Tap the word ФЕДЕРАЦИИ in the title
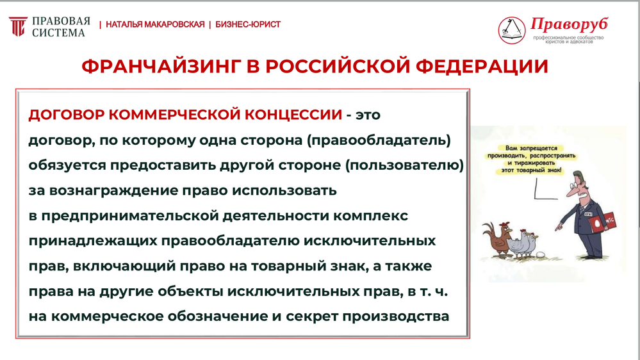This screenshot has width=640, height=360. click(x=482, y=67)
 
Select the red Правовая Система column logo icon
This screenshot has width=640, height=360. click(x=18, y=26)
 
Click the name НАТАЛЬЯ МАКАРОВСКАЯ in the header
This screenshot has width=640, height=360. click(x=155, y=24)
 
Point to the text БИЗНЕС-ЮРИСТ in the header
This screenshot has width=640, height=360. click(x=248, y=24)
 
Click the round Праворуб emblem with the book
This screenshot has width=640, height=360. click(x=512, y=30)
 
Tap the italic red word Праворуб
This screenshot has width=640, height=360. click(x=570, y=24)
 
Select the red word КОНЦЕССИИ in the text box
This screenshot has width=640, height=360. click(x=293, y=115)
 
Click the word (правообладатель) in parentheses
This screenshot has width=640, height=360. click(x=379, y=140)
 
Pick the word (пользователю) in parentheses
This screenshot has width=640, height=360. click(x=404, y=165)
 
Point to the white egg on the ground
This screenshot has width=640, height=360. click(x=541, y=255)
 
